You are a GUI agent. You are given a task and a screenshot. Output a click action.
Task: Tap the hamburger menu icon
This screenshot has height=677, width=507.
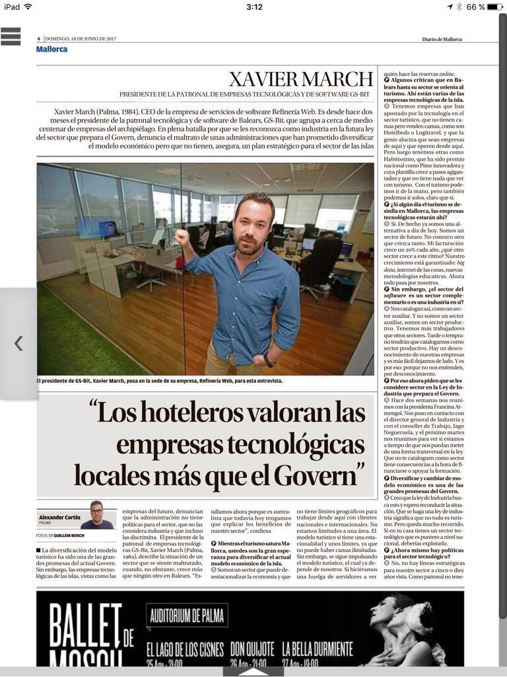point(11,36)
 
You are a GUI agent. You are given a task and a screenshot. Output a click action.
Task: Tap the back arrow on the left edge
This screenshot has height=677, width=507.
point(18,342)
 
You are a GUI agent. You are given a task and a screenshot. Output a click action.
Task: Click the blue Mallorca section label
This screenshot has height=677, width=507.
point(51,49)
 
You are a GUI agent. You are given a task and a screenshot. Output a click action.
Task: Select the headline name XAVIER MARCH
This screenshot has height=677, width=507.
point(300,79)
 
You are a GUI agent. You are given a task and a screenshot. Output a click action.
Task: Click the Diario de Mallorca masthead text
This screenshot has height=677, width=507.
point(442,39)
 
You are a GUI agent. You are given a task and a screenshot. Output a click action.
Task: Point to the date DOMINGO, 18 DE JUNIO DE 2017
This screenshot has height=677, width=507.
point(81,39)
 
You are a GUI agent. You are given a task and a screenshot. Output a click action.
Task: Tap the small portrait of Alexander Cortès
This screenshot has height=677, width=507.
point(96,515)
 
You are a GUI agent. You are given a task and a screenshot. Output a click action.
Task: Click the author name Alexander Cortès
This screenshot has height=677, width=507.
point(59,516)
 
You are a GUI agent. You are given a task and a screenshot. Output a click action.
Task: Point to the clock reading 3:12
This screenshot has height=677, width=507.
point(254,7)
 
